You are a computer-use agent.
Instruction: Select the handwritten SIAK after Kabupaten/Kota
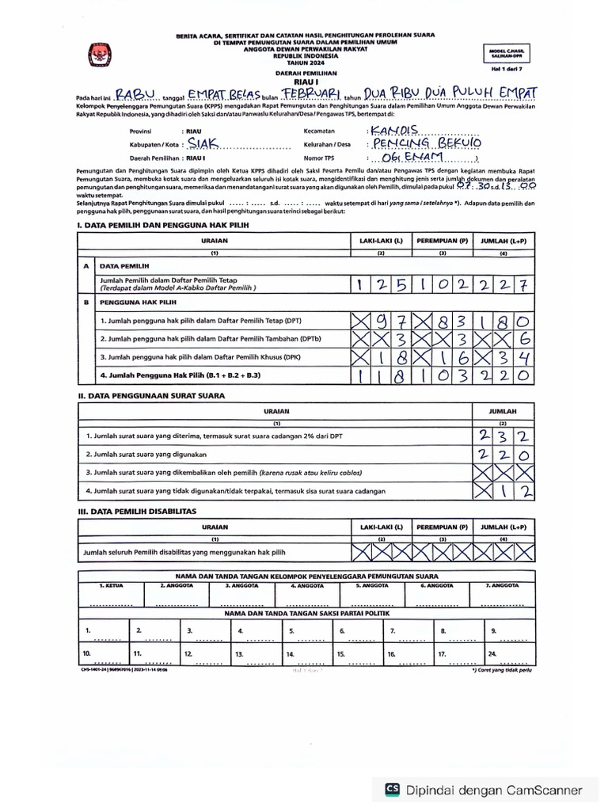pos(203,144)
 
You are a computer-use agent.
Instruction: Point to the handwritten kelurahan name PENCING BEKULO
pos(426,143)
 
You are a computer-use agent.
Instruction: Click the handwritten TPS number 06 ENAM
pos(412,158)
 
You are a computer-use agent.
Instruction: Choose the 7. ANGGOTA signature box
pos(502,593)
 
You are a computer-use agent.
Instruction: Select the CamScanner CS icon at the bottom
pos(393,789)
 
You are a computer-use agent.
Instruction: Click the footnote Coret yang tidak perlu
pos(503,668)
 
